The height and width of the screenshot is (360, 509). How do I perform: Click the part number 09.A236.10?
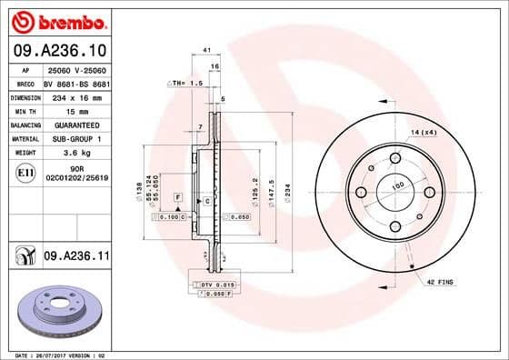point(58,51)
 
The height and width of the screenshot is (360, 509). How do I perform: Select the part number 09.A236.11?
point(76,257)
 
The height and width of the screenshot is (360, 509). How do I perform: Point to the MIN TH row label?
point(25,109)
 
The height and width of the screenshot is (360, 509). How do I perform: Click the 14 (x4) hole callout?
point(424,134)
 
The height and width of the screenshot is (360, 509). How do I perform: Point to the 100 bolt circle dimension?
point(396,186)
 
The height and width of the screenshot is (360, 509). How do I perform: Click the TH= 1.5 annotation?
point(184,83)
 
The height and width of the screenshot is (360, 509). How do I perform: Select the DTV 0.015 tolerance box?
point(211,285)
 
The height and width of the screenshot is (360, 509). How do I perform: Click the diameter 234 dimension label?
point(287,193)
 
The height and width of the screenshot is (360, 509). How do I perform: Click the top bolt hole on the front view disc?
point(395,158)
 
